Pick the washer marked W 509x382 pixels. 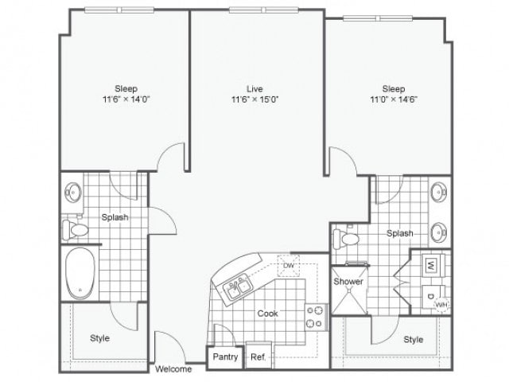coord(429,264)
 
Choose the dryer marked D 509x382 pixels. coord(429,297)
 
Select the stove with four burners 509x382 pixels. coord(315,317)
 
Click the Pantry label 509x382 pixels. coord(225,357)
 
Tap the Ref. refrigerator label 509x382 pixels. coord(258,357)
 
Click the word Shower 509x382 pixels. coord(348,282)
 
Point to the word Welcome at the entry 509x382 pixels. coord(173,369)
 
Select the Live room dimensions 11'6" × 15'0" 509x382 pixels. coord(254,99)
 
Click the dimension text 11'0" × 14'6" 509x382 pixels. coord(394,99)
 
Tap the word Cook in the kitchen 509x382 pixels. coord(267,314)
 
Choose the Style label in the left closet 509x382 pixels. coord(99,338)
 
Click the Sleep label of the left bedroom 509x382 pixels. coord(126,88)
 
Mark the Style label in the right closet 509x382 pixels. coord(414,340)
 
